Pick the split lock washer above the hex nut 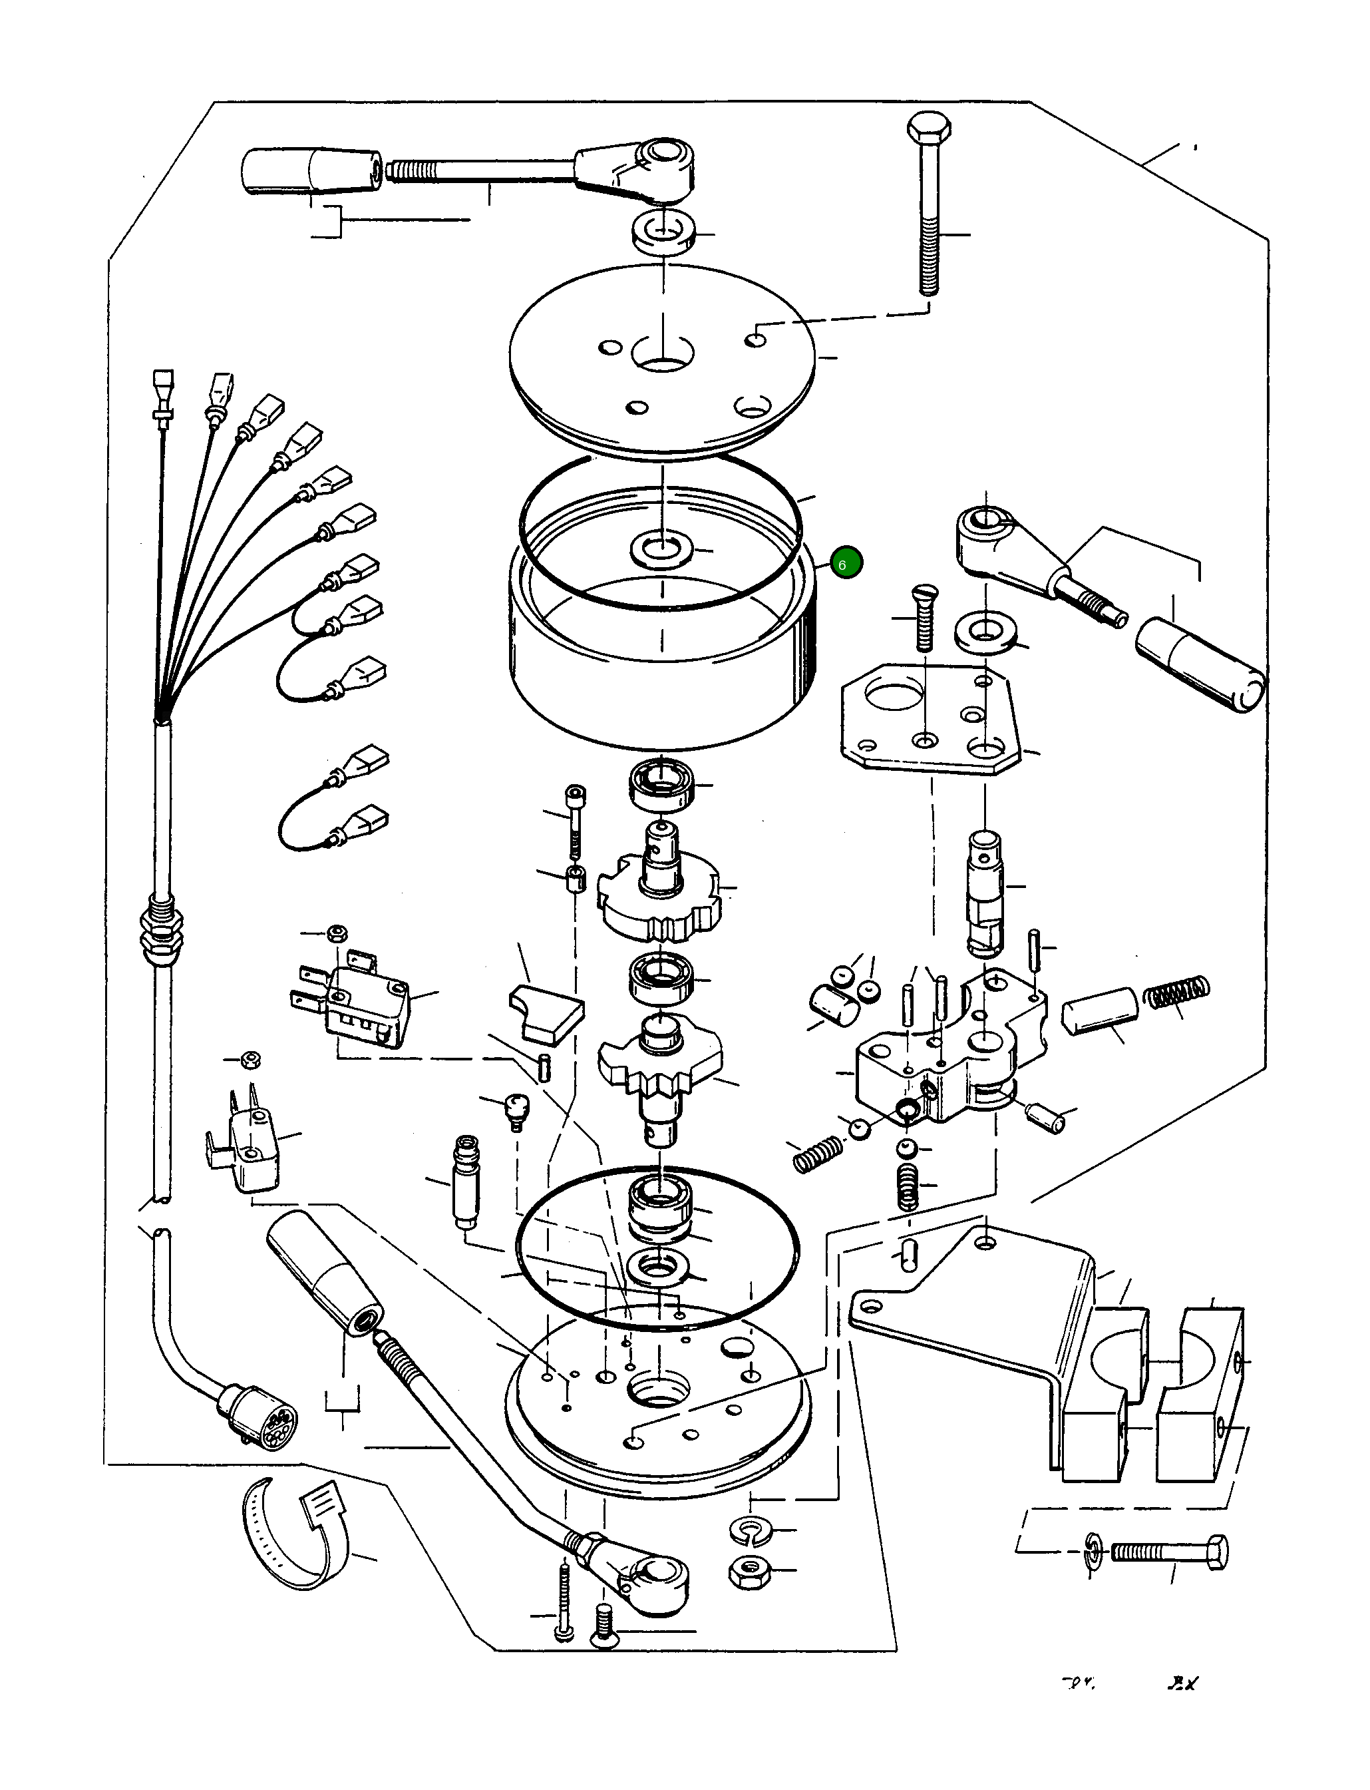tap(749, 1529)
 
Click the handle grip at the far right tap(1200, 666)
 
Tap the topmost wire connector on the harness tap(163, 383)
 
